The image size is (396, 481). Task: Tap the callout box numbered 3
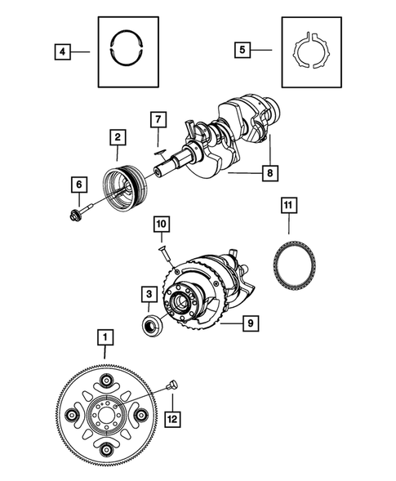(148, 293)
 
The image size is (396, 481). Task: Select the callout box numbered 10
(160, 223)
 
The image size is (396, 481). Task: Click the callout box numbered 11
(287, 204)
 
